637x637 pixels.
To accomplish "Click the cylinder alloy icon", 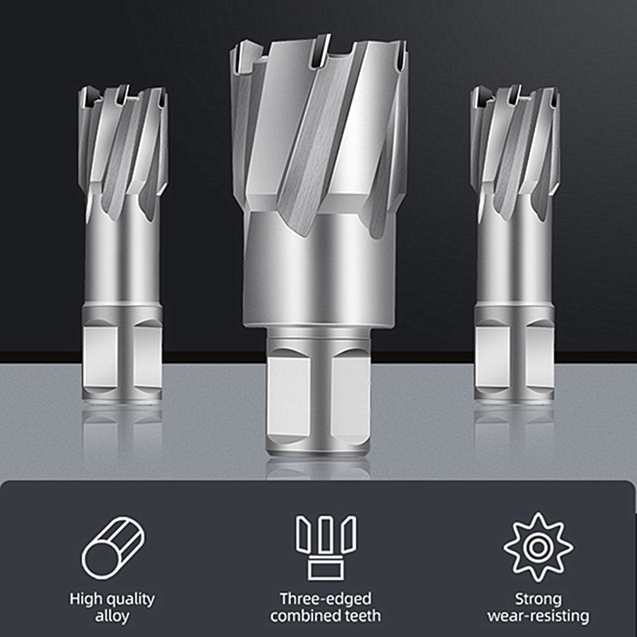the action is coord(113,547).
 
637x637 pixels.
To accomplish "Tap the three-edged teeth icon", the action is coord(326,548).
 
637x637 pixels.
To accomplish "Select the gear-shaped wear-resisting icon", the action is coord(538,547).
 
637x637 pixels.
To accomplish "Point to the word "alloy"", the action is coord(112,616).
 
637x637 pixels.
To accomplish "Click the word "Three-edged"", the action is coord(326,599).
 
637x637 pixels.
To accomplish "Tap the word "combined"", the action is coord(306,616).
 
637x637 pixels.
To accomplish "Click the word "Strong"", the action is coord(538,600).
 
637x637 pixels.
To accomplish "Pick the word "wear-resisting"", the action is coord(538,616).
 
